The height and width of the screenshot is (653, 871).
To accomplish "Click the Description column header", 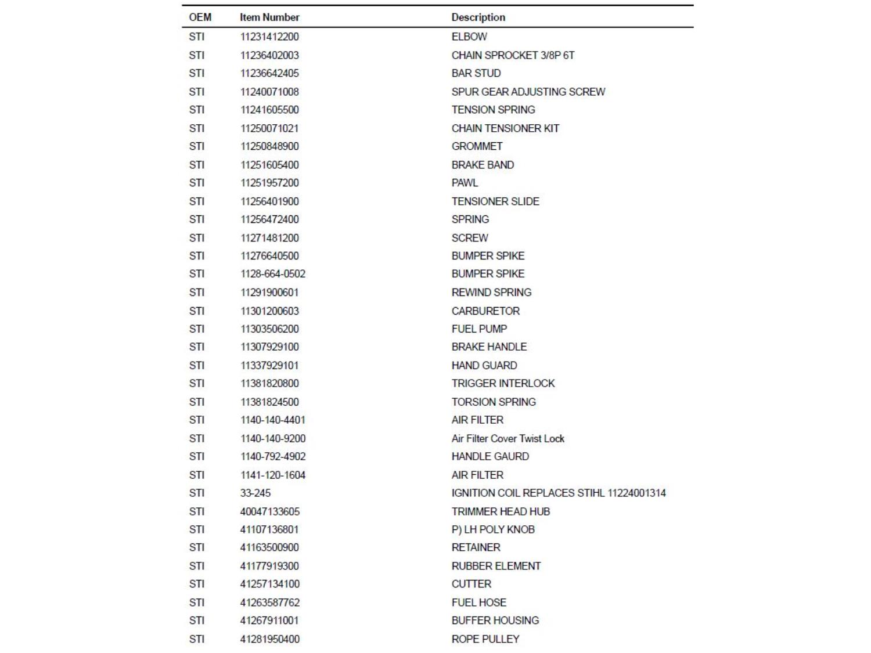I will (x=478, y=17).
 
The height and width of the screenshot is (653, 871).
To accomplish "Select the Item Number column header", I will (x=269, y=17).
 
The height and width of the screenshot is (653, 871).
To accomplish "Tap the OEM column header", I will (x=200, y=17).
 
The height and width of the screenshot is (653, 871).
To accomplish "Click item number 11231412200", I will (x=269, y=37).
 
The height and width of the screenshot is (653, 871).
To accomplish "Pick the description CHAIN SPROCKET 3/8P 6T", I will (x=513, y=55).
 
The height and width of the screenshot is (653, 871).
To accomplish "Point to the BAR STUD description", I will (x=476, y=73).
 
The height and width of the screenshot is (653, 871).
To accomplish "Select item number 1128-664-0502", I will (x=272, y=273).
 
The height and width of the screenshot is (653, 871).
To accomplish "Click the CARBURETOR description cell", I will (x=485, y=311).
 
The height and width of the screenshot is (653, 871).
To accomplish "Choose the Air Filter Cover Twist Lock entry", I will (x=508, y=438).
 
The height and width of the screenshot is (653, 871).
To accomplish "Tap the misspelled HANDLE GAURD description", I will (x=490, y=456).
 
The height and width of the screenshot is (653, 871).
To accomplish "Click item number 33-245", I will (x=255, y=493).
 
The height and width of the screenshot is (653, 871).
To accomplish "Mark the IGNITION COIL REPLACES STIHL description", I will (x=558, y=493).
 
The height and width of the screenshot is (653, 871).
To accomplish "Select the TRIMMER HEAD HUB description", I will (x=501, y=511).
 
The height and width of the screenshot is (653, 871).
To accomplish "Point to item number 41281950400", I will (x=269, y=639).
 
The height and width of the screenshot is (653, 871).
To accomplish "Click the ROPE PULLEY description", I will (x=485, y=639).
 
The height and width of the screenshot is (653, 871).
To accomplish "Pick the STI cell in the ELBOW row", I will (x=196, y=37).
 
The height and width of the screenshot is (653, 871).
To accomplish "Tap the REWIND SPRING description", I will (x=491, y=292).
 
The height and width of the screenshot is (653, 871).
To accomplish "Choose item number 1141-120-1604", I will (x=272, y=475).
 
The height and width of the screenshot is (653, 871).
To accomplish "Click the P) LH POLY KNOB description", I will (x=493, y=529).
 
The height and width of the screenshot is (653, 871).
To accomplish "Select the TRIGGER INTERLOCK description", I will (x=503, y=383).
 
